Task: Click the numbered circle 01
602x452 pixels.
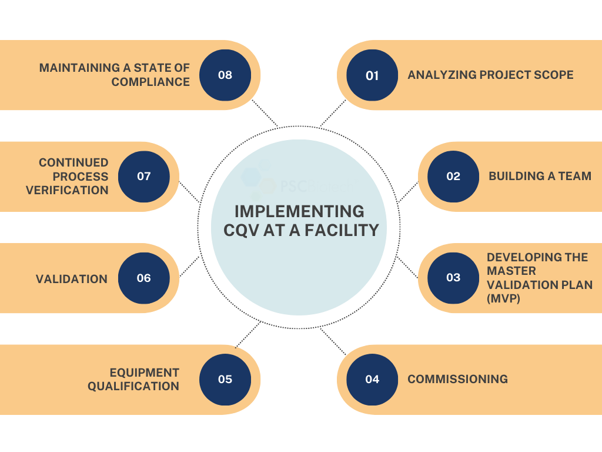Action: point(372,75)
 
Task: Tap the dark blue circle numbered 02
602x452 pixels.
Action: point(453,177)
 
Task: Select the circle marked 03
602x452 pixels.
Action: point(453,278)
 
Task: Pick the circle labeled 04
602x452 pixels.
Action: point(372,380)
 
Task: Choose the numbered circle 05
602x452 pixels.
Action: point(225,380)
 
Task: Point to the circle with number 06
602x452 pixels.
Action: point(144,278)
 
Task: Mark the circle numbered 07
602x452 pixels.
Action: point(144,177)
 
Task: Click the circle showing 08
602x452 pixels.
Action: point(225,75)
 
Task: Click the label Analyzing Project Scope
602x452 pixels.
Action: point(490,75)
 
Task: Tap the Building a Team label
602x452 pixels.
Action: point(540,177)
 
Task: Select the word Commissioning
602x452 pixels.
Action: point(457,380)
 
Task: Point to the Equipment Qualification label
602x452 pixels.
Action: point(133,380)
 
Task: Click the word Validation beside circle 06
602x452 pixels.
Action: point(72,279)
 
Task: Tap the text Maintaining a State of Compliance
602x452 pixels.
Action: point(115,75)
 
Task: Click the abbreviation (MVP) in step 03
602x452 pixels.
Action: point(504,299)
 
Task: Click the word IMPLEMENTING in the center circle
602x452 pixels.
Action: point(299,211)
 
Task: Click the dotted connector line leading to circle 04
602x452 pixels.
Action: point(333,341)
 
